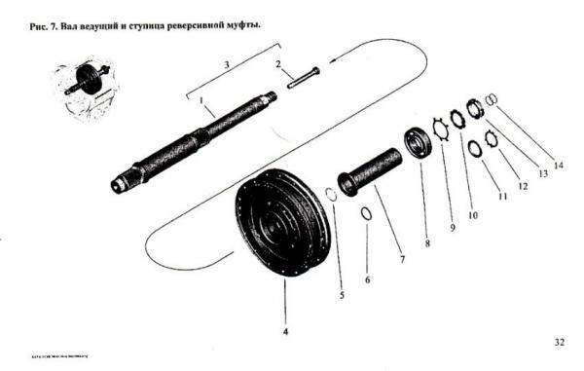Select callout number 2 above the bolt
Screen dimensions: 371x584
277,65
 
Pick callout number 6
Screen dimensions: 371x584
367,278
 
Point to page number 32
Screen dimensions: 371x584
559,342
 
